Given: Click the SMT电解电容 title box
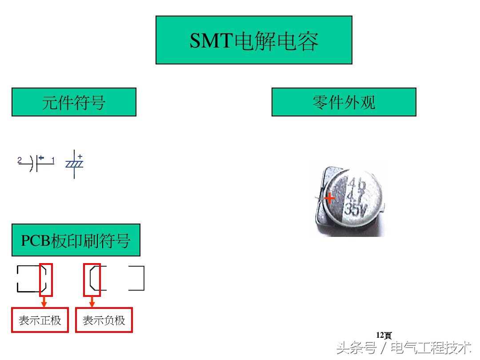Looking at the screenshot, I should point(254,40).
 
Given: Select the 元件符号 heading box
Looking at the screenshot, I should point(74,102).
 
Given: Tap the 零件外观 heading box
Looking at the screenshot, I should point(344,102).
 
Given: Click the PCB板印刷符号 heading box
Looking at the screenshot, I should point(76,240).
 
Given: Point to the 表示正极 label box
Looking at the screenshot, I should point(40,320).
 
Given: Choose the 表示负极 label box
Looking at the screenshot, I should point(104,320).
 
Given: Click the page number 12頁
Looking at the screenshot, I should point(384,335).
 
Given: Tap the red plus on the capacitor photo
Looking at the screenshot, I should point(329,198).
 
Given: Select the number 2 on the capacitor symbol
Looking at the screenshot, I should point(20,160).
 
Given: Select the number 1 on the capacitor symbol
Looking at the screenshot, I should point(53,160).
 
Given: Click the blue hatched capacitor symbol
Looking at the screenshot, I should point(74,164).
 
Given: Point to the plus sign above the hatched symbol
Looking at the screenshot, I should point(80,156).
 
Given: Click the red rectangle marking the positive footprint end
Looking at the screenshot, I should point(46,280).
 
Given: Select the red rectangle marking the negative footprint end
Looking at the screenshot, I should point(92,280).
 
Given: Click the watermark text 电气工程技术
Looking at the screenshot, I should point(431,347).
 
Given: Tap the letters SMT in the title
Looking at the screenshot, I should point(211,41).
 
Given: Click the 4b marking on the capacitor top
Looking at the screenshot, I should point(356,183).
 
